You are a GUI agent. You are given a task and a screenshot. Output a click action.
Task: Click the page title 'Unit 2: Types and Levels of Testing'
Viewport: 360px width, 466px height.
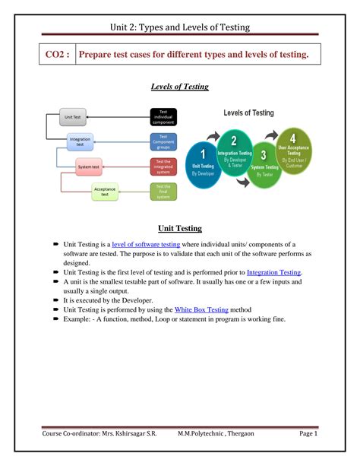pos(180,28)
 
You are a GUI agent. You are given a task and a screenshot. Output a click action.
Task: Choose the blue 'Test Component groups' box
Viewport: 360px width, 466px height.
pos(163,141)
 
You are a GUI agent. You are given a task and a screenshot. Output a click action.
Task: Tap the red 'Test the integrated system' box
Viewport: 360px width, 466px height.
pos(163,166)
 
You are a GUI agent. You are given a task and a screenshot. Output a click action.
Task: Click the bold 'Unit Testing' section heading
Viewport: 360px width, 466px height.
pos(179,227)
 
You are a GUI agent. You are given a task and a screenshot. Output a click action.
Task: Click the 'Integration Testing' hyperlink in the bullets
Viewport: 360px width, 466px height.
pos(273,271)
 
